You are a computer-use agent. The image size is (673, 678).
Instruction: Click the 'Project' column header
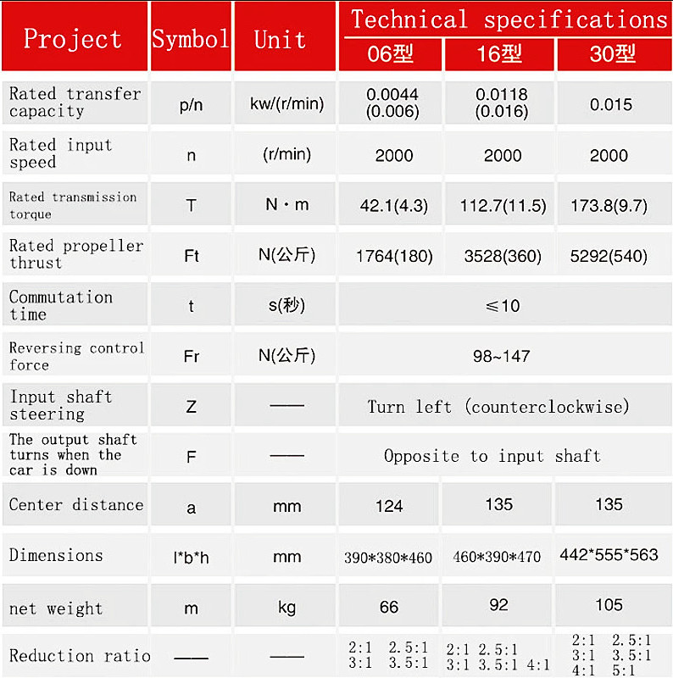[73, 39]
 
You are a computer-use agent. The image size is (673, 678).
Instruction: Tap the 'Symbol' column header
[190, 39]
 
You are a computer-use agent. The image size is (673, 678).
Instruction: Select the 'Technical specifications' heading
[509, 19]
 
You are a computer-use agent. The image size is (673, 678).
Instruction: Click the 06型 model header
[391, 55]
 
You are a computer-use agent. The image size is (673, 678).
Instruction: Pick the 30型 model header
[612, 55]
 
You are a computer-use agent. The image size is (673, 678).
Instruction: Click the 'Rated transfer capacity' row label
[75, 103]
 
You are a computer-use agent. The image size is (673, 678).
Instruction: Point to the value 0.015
[611, 104]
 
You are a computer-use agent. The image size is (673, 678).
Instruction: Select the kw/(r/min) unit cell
[286, 104]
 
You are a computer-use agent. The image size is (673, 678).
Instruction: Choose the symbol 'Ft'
[191, 255]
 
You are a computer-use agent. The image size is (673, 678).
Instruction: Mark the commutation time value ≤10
[502, 305]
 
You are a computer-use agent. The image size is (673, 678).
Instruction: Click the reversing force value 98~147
[501, 356]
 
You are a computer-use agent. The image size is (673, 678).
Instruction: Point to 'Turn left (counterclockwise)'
[498, 407]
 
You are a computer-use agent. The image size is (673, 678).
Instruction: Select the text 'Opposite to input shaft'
[492, 456]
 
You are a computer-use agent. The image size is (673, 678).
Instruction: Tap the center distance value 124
[389, 506]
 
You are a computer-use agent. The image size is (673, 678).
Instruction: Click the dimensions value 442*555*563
[609, 554]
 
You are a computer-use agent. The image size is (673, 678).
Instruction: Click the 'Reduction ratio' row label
[79, 655]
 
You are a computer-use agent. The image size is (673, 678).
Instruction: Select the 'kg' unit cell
[286, 607]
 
